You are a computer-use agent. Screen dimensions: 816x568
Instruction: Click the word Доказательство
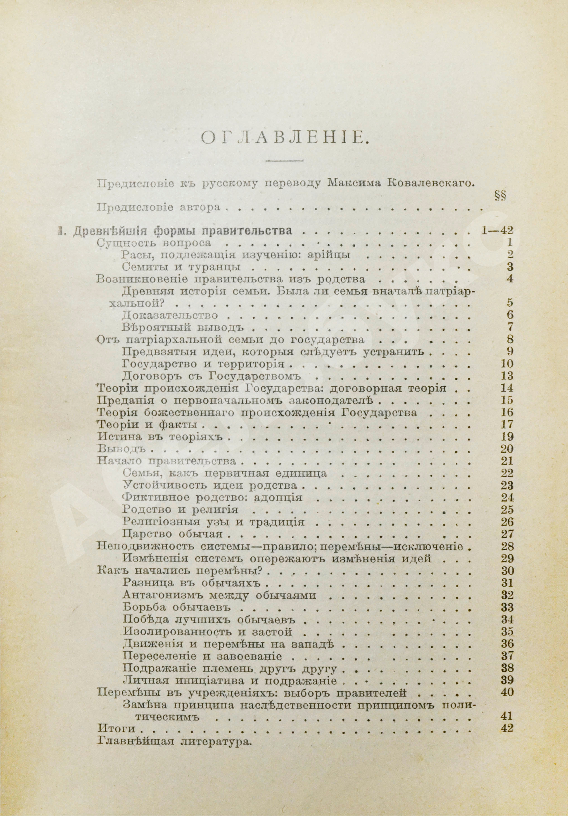coord(170,315)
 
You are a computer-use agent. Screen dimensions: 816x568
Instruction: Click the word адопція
coord(278,497)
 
